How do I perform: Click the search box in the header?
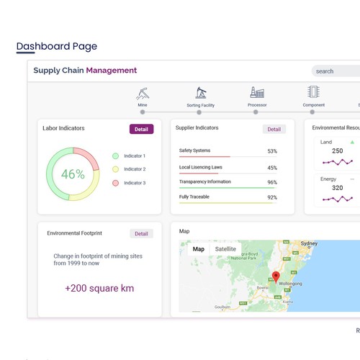[x=336, y=71]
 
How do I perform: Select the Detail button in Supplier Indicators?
[x=274, y=130]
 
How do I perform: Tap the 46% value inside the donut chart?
[x=73, y=174]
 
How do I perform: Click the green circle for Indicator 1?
[x=115, y=156]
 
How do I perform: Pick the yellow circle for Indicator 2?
[x=115, y=169]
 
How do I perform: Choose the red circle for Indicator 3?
[x=115, y=183]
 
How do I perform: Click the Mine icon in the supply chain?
[x=143, y=94]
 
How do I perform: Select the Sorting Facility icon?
[x=201, y=93]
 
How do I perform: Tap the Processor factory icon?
[x=257, y=93]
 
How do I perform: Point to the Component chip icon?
[x=313, y=93]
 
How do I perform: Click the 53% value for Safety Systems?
[x=272, y=151]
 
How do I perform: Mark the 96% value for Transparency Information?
[x=272, y=182]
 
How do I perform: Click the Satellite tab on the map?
[x=225, y=249]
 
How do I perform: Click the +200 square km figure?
[x=99, y=288]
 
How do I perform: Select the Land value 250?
[x=337, y=151]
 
